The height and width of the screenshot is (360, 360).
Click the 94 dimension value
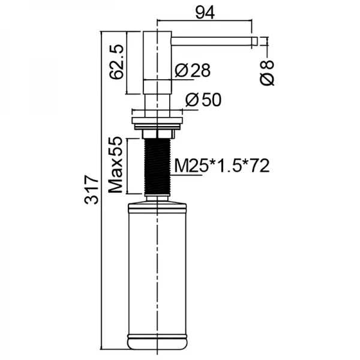pos(205,13)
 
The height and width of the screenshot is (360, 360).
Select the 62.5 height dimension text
pos(116,62)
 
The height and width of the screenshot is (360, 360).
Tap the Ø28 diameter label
pos(193,70)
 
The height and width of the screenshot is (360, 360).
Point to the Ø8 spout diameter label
pos(267,73)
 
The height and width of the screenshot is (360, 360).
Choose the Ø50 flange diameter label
pos(203,100)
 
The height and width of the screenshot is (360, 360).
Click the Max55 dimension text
pos(115,165)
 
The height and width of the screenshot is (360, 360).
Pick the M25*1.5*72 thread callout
pos(222,166)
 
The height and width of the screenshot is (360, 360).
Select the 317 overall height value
pos(91,190)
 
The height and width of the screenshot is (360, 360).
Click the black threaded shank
pos(157,167)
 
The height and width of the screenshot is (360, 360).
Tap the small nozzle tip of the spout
pos(254,41)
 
